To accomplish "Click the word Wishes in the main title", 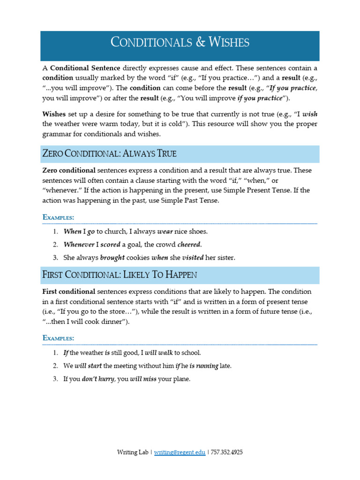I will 229,43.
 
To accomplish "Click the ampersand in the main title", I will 200,43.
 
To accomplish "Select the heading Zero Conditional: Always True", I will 110,154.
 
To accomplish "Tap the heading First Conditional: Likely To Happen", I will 120,275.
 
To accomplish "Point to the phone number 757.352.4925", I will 227,452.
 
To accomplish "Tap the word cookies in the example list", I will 138,258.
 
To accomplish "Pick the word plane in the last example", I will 181,379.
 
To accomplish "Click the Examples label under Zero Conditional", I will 58,217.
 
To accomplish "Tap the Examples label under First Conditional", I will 58,338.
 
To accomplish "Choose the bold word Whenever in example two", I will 79,245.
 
